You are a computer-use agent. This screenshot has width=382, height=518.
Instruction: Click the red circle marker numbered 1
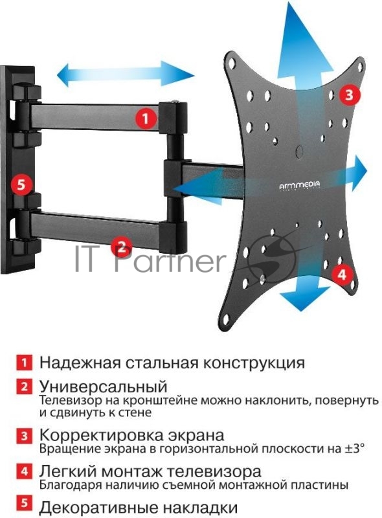coord(146,118)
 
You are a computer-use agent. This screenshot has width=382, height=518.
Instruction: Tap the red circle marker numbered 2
coord(120,246)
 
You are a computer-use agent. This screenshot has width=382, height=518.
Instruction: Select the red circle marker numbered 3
coord(348,96)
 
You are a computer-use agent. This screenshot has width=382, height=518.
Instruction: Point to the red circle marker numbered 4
coord(342,274)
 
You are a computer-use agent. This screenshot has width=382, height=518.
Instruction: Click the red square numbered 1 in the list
coord(24,362)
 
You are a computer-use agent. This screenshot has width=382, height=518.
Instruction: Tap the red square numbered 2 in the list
coord(24,387)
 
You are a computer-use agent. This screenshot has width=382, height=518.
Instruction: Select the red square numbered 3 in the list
coord(24,435)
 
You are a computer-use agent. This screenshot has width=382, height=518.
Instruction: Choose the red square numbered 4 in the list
coord(24,471)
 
